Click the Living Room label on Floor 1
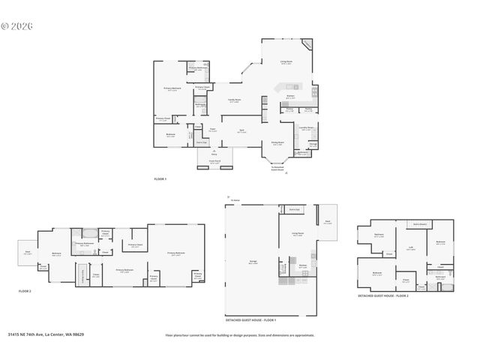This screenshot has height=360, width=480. pyautogui.click(x=286, y=64)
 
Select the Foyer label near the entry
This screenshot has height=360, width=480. pyautogui.click(x=212, y=130)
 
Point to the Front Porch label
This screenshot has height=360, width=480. pyautogui.click(x=214, y=160)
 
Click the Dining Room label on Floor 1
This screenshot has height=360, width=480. pyautogui.click(x=277, y=143)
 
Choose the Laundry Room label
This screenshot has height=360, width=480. pyautogui.click(x=306, y=128)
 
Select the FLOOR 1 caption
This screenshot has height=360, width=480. pyautogui.click(x=160, y=179)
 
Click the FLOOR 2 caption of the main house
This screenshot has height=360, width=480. pyautogui.click(x=24, y=290)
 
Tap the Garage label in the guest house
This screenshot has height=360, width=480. pyautogui.click(x=253, y=262)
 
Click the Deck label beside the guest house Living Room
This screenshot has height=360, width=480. pyautogui.click(x=328, y=223)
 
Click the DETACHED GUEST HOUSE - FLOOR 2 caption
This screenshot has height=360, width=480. pyautogui.click(x=383, y=296)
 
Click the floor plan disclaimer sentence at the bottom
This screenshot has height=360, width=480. pyautogui.click(x=238, y=335)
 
